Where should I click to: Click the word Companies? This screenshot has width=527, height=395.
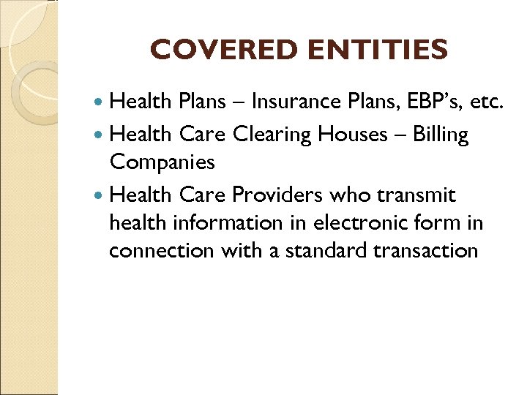[162, 162]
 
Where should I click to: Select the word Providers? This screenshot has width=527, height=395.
[277, 195]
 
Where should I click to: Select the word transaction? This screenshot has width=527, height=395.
[433, 250]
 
